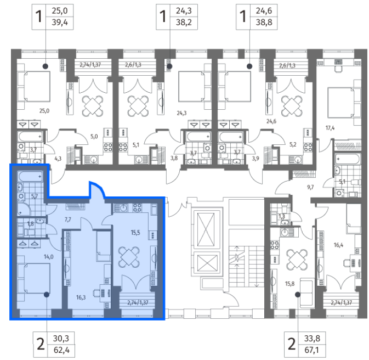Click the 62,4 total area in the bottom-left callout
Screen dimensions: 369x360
(x=61, y=350)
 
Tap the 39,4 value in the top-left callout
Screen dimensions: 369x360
(x=60, y=22)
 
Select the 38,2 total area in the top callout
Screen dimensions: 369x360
(x=184, y=22)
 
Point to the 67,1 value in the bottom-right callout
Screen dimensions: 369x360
(x=312, y=350)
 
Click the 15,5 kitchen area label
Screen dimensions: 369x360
(x=135, y=233)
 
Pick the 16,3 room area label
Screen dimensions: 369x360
(x=81, y=297)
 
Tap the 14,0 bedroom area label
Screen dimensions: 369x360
(x=48, y=257)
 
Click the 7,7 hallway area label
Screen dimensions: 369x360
(x=68, y=220)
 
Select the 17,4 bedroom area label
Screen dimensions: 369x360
(x=330, y=128)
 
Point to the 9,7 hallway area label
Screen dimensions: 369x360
(x=310, y=187)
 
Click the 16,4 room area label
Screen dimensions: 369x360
(x=338, y=245)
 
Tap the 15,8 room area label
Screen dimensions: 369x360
(x=289, y=284)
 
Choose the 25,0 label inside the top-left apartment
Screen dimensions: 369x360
(x=44, y=110)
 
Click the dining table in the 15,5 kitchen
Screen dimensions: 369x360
(x=129, y=257)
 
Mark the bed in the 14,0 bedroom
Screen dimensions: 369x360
(x=33, y=279)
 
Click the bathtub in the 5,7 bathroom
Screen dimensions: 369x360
(x=30, y=177)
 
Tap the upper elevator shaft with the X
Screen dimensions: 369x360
(x=206, y=229)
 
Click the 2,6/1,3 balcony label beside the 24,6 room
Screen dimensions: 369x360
(x=287, y=65)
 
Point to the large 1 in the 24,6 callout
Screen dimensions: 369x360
(x=243, y=16)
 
